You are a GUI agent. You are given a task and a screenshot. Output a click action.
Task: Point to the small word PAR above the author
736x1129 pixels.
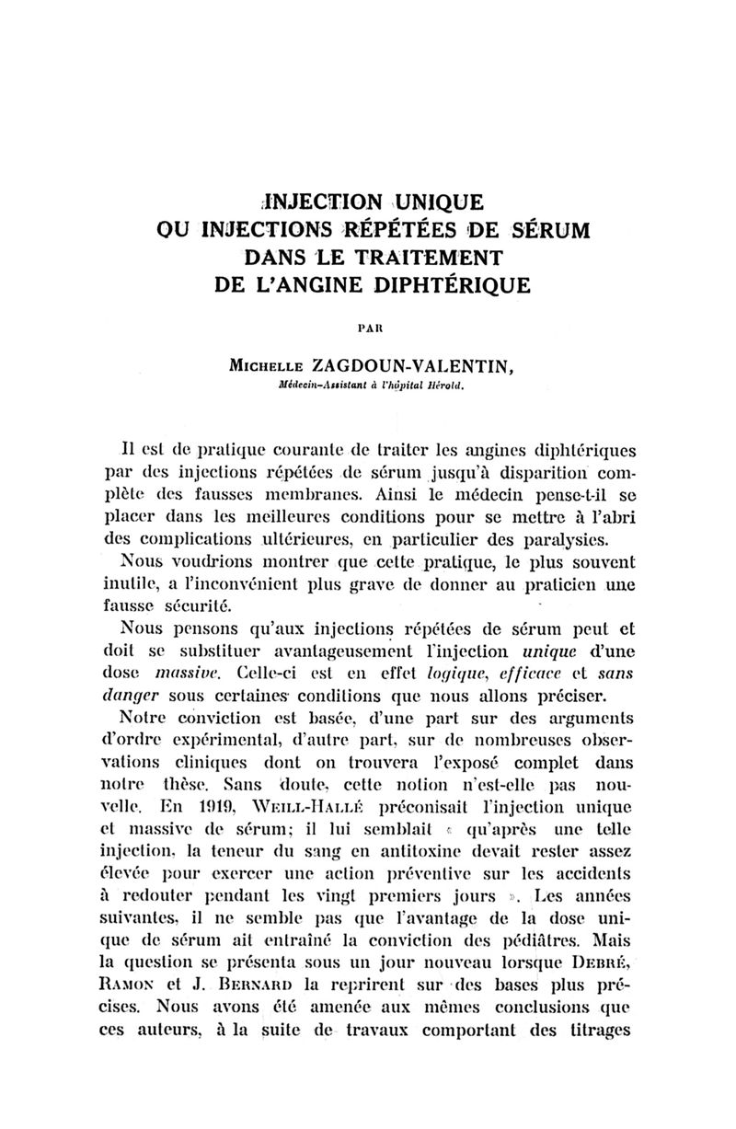369,326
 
